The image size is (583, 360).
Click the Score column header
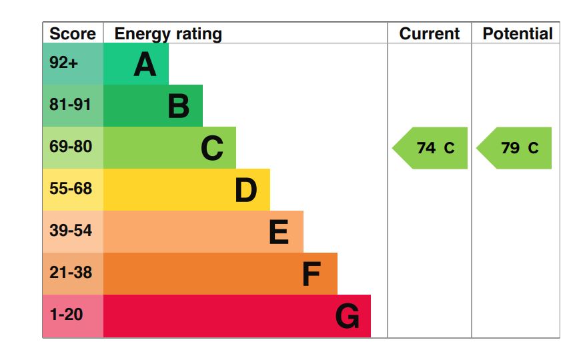73,34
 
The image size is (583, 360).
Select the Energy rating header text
168,34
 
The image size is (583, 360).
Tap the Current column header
430,34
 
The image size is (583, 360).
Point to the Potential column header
518,34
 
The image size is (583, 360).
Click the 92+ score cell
64,64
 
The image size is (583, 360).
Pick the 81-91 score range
70,105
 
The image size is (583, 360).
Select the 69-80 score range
71,147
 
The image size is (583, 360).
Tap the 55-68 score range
71,189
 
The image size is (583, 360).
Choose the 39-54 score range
71,231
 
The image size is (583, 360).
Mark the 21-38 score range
71,273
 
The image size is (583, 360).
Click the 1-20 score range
66,315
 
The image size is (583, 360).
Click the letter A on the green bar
145,65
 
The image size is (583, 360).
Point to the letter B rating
178,106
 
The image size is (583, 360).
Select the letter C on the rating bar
212,148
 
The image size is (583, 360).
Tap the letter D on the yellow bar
245,190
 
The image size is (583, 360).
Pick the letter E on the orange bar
279,232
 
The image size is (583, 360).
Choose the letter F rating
311,274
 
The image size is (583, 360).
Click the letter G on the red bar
347,316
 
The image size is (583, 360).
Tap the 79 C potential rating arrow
516,148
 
